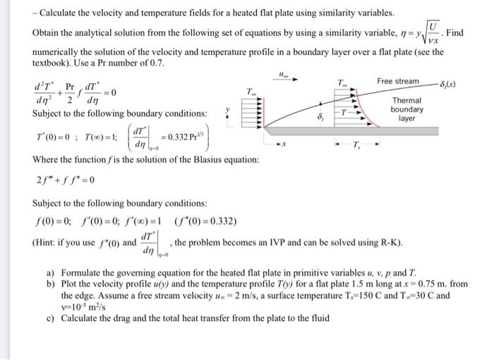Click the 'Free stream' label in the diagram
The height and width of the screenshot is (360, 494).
click(x=397, y=81)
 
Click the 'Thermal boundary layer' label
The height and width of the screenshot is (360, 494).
click(x=406, y=109)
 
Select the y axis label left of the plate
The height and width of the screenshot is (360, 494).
click(x=227, y=109)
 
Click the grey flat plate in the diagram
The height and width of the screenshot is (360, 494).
click(x=367, y=131)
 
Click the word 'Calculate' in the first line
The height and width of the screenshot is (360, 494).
click(x=61, y=13)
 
